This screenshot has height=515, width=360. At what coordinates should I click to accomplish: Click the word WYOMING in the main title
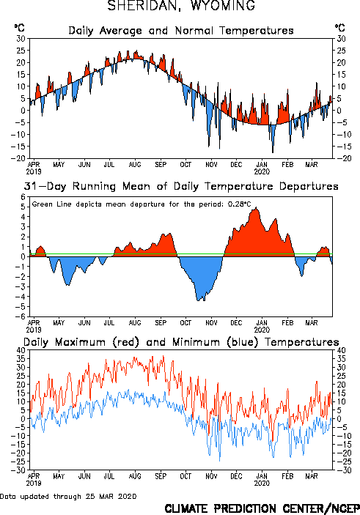(x=223, y=5)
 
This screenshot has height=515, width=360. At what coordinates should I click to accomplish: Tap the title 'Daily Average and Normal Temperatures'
(x=181, y=31)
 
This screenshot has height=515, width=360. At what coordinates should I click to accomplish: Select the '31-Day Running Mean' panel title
(x=181, y=186)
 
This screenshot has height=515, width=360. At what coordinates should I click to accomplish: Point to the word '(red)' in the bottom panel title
(x=126, y=342)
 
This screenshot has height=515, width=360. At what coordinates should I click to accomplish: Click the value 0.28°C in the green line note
(x=240, y=204)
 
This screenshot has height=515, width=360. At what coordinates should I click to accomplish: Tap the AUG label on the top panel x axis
(x=135, y=164)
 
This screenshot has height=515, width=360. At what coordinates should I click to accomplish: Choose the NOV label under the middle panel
(x=211, y=322)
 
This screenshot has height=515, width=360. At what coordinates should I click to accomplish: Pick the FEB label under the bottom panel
(x=287, y=476)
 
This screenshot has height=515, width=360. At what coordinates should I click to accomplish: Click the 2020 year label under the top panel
(x=262, y=171)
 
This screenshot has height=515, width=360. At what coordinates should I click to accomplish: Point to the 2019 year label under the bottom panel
(x=34, y=483)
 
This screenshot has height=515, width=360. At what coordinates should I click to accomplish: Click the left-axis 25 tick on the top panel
(x=21, y=51)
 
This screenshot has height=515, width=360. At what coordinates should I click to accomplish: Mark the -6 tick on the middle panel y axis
(x=21, y=316)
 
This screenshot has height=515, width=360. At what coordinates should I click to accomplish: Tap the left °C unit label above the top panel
(x=19, y=28)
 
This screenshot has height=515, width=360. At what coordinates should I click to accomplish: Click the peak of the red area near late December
(x=256, y=207)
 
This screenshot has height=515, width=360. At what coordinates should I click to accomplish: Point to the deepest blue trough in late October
(x=198, y=300)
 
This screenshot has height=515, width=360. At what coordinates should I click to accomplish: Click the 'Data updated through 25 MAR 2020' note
(x=68, y=496)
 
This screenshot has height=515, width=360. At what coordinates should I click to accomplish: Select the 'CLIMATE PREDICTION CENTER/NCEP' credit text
(x=262, y=508)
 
